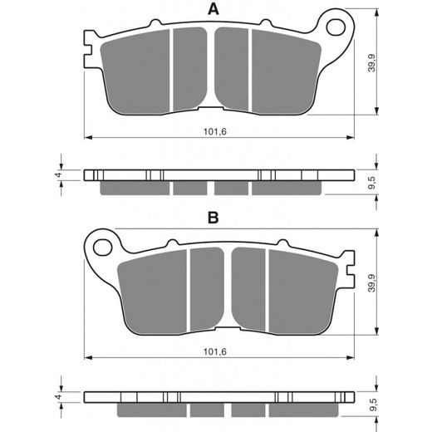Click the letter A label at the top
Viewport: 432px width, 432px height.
214,9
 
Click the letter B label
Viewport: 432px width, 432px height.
214,218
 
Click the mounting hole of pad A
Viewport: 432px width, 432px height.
336,27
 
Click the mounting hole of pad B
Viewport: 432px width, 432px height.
103,248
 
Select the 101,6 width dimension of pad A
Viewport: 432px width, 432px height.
215,131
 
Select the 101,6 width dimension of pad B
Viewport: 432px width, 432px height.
215,351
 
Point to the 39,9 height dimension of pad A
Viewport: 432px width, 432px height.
371,63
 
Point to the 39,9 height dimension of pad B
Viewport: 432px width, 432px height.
371,283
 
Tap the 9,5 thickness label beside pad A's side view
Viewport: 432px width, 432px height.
372,183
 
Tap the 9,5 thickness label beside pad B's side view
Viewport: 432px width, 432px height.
372,405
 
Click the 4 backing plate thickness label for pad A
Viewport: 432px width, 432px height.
58,175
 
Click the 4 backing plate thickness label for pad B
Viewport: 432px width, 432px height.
58,397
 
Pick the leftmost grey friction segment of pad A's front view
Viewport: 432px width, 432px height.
135,72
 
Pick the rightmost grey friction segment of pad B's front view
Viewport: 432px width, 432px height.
303,292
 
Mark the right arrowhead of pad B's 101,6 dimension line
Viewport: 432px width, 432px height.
351,357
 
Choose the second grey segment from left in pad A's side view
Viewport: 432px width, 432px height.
190,188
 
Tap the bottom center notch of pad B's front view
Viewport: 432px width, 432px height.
228,328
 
